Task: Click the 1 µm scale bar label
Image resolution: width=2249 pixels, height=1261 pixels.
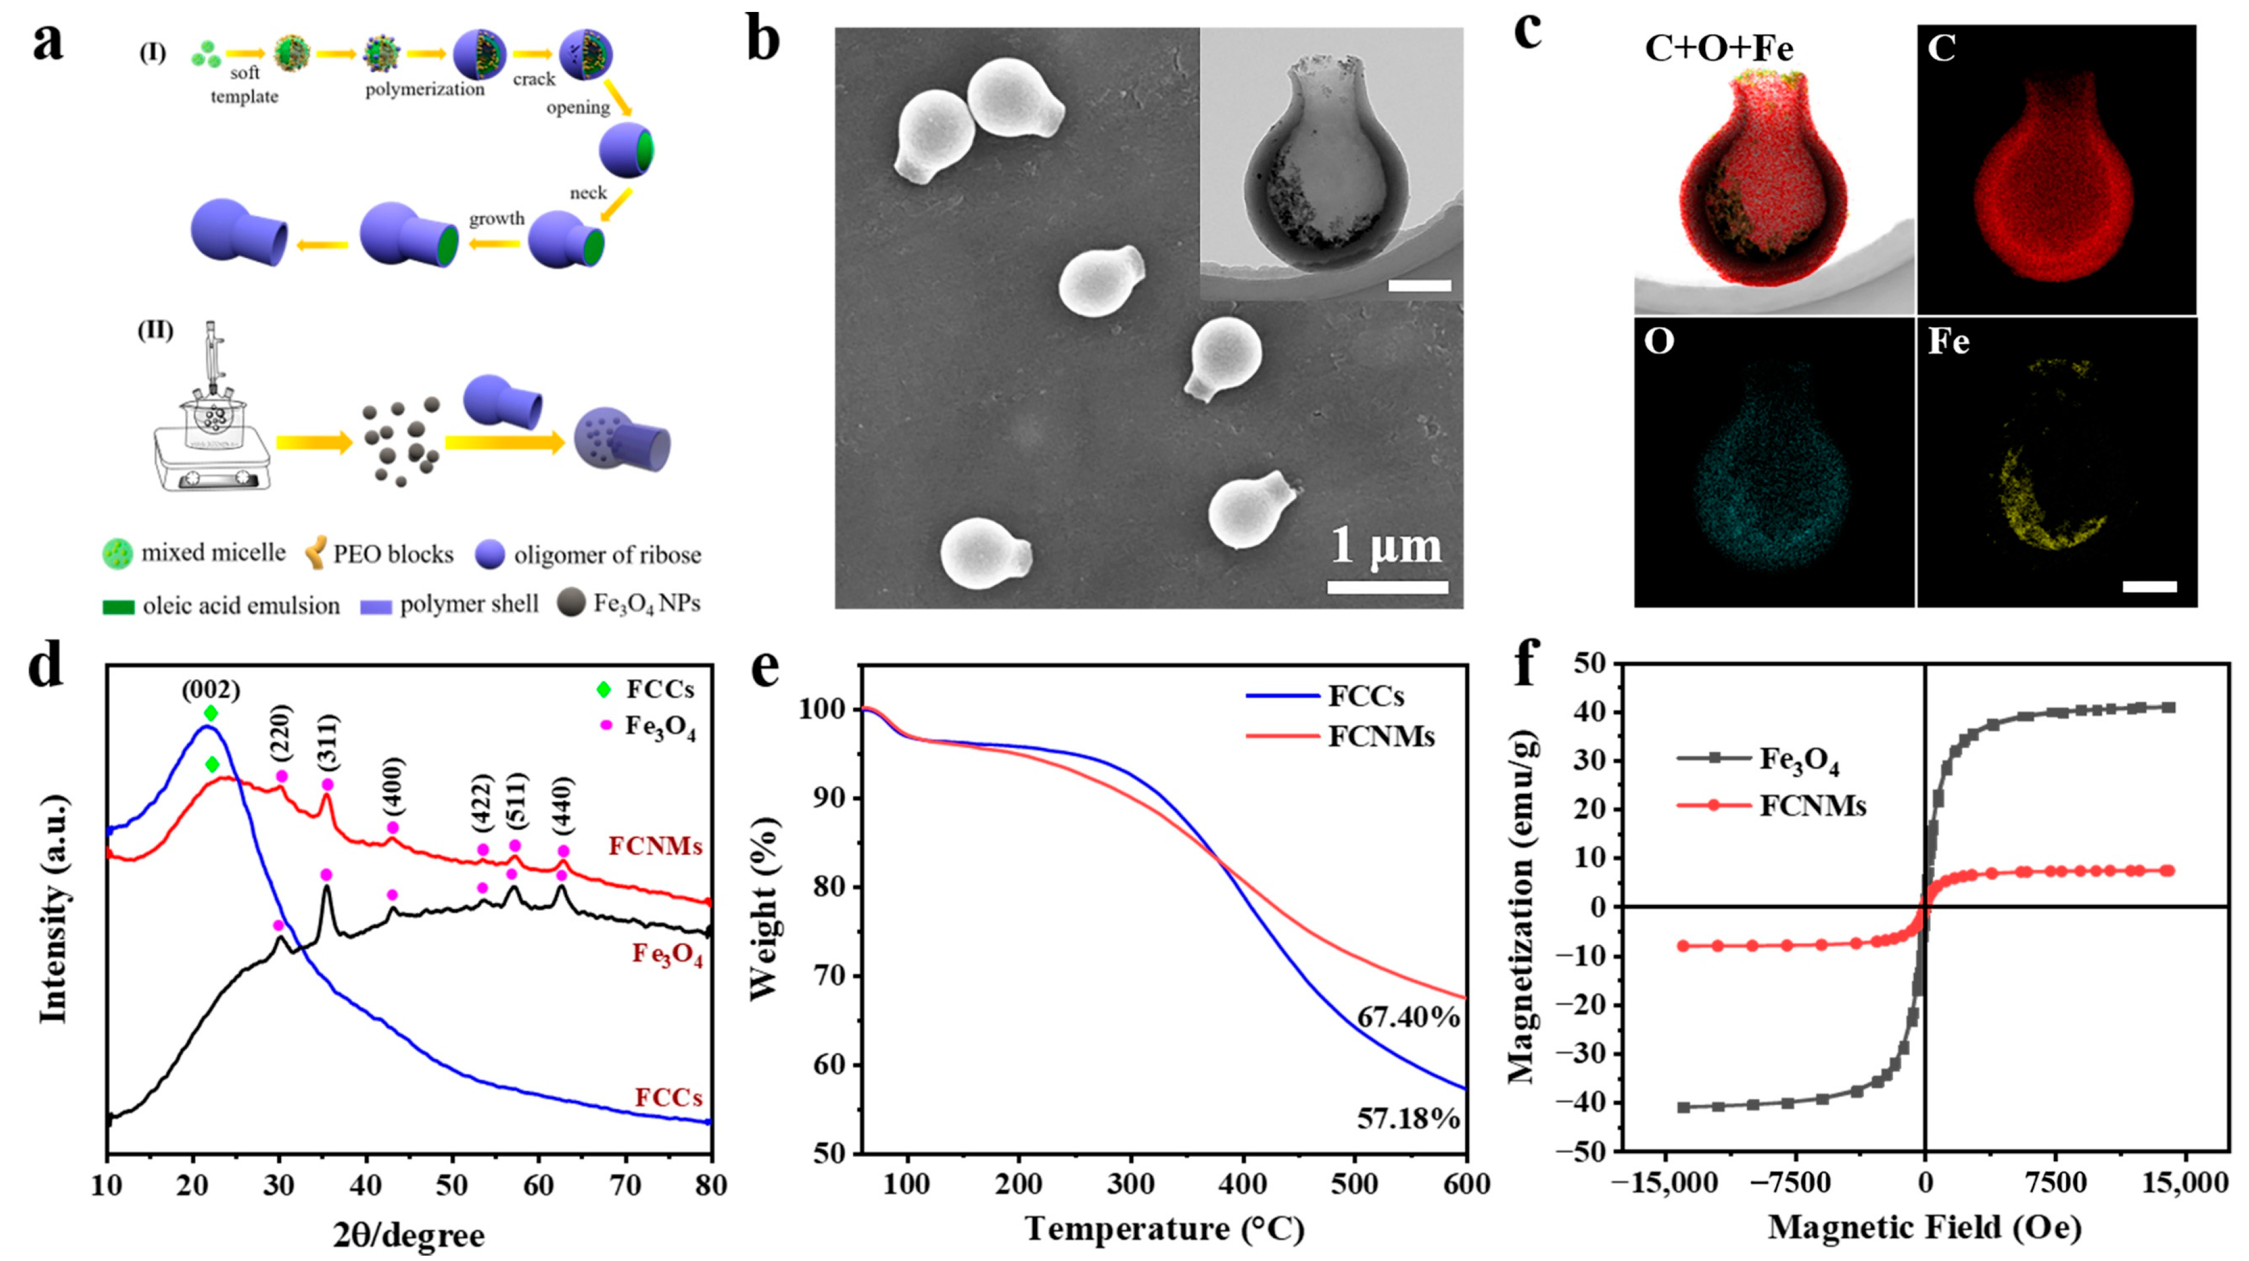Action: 1386,547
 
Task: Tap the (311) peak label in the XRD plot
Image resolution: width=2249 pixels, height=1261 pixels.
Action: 328,743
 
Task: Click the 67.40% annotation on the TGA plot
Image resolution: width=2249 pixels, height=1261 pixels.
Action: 1407,1017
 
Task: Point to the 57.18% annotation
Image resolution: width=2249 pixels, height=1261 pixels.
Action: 1407,1118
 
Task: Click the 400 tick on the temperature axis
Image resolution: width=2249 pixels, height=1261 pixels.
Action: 1242,1185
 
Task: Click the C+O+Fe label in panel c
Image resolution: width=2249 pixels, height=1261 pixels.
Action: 1718,48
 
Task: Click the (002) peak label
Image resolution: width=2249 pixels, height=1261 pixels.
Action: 211,690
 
